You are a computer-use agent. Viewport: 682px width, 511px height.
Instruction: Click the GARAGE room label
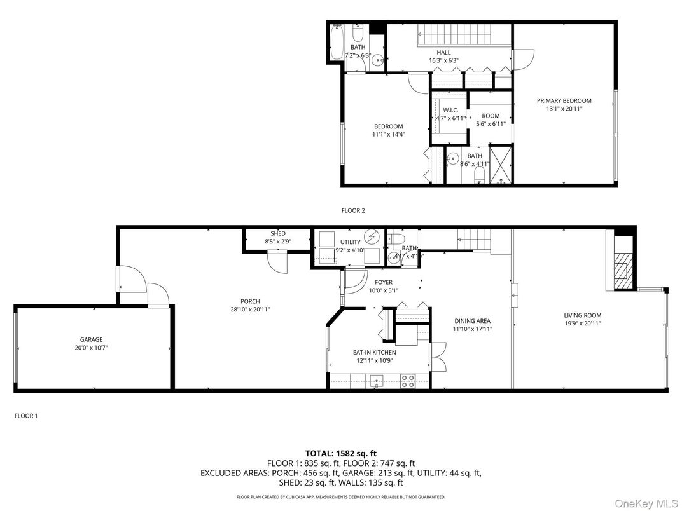click(91, 339)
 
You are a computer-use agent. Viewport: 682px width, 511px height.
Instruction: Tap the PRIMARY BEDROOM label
click(564, 100)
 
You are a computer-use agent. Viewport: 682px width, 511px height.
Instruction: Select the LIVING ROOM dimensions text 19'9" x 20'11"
click(582, 324)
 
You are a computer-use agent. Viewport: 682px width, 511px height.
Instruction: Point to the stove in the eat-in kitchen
click(408, 381)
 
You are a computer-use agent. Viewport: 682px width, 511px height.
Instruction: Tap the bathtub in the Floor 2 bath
click(338, 42)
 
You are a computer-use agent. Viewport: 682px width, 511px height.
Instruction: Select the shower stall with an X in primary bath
click(502, 164)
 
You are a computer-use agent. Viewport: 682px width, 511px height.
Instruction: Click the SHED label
click(277, 233)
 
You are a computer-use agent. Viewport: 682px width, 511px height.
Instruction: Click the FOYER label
click(383, 282)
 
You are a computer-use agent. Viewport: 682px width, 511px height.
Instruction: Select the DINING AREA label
click(472, 321)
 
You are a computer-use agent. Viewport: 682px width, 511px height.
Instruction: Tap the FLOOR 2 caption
click(353, 210)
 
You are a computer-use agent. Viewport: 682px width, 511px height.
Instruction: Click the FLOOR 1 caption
click(26, 416)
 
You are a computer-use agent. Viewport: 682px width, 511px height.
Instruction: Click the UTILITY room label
click(350, 242)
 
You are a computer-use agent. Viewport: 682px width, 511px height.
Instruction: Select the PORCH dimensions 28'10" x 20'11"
click(250, 309)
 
